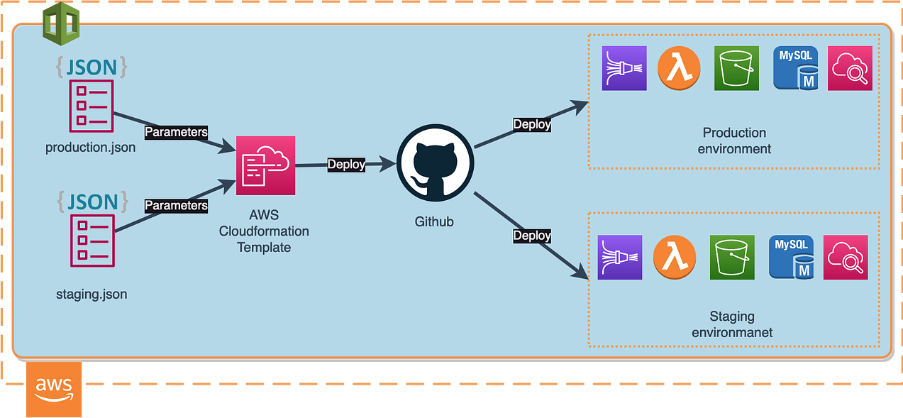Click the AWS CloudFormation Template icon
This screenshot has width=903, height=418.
coord(265,165)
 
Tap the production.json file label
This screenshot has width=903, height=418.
coord(90,148)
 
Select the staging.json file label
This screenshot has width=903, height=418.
coord(92,294)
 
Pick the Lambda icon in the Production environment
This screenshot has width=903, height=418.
coord(680,68)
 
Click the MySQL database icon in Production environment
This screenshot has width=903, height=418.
coord(794,68)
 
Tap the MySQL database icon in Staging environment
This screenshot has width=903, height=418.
coord(791,258)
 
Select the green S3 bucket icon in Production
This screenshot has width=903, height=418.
coord(737,68)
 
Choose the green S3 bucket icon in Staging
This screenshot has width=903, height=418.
coord(732,258)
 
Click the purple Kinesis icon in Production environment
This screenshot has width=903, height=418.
coord(624,68)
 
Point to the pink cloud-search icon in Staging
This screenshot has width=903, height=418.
coord(845,258)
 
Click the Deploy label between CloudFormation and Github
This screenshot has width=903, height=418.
coord(346,165)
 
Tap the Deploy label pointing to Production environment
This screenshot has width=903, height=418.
coord(532,124)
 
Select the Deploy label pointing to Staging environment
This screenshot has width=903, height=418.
coord(532,236)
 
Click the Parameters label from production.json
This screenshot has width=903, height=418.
coord(176,132)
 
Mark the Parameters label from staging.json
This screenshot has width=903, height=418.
coord(176,206)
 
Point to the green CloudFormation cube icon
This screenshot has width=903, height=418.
coord(61,23)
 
